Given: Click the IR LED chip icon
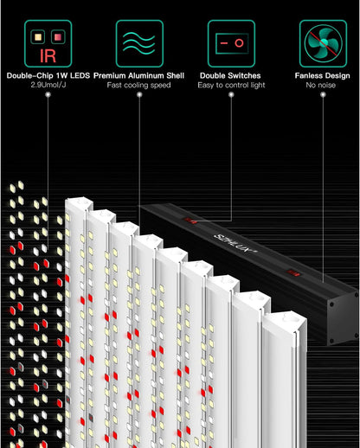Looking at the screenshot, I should coord(46,44).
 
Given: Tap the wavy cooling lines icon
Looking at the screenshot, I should coord(138,44).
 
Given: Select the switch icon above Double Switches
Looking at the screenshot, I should coord(231,44).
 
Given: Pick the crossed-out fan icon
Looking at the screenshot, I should coord(323,44).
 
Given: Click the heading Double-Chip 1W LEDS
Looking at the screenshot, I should coord(47,75).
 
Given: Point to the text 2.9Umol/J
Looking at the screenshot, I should coord(47,86).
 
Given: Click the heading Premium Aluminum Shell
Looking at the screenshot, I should coord(138,75).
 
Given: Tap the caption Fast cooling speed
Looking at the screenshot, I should coord(138,86).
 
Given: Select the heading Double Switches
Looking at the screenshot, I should coord(231,75).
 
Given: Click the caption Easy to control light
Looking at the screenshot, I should coord(231,86).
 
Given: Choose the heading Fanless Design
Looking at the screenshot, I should coord(323,75).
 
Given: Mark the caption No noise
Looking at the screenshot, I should coord(323,86).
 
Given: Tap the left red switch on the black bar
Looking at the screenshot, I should coord(192,221).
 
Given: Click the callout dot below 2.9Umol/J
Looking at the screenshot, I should coord(47,96).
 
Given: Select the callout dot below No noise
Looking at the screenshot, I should coord(323,96).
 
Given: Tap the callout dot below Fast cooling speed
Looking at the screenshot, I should coord(138,96).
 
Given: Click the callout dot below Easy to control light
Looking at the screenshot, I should coord(231,96).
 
